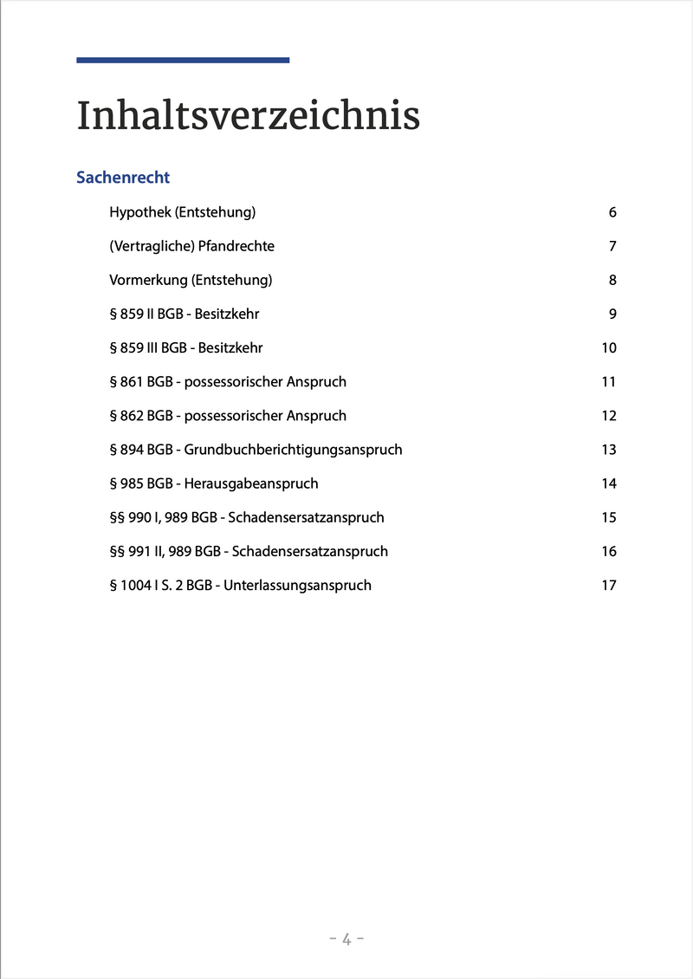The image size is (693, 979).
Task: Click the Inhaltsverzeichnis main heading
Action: (248, 116)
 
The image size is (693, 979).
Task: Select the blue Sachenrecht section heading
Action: (123, 178)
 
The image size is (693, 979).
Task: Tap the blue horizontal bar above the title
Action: (183, 60)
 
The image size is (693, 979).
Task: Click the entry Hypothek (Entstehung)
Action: (182, 212)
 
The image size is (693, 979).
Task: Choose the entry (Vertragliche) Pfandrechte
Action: (191, 246)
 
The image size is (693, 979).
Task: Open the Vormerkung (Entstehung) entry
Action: (191, 280)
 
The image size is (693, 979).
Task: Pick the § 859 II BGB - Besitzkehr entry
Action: (184, 314)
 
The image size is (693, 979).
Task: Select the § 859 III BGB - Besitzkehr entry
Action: (185, 347)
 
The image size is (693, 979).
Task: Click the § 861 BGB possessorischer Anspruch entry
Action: (227, 381)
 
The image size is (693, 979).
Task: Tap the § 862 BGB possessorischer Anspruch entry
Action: (227, 416)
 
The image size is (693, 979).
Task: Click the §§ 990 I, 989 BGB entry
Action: (246, 517)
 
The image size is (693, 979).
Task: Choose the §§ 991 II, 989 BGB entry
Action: (248, 551)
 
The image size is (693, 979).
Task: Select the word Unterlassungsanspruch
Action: (297, 585)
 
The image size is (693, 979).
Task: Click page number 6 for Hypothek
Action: (612, 212)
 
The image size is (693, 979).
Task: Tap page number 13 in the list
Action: (609, 450)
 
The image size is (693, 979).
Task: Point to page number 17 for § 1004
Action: (609, 585)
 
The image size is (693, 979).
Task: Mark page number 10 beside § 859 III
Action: (609, 347)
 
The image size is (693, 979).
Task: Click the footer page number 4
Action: (346, 939)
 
